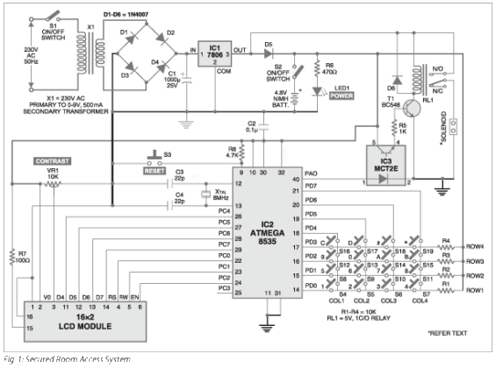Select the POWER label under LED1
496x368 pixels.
340,98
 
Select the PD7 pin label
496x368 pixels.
311,187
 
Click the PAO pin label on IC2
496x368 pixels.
310,173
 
